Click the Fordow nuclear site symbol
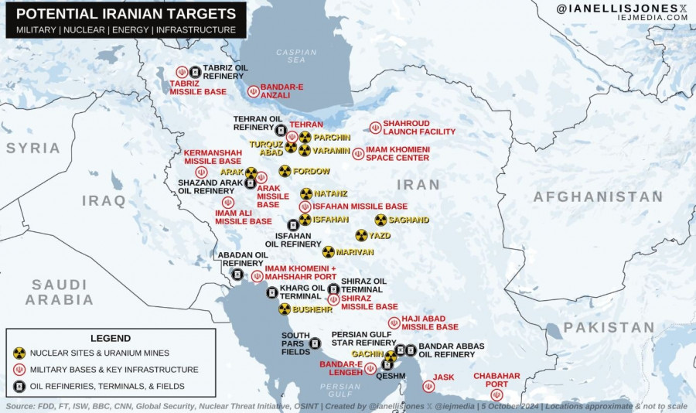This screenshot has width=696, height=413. [x=285, y=171]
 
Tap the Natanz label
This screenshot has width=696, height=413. [x=330, y=193]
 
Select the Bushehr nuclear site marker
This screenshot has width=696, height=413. [x=285, y=309]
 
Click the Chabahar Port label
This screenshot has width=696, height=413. [x=496, y=380]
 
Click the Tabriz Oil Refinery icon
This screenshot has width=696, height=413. [x=195, y=72]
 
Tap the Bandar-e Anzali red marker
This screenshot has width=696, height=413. [x=252, y=91]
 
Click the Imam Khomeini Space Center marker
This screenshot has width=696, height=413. [x=358, y=154]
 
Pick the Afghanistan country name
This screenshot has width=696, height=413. [x=598, y=196]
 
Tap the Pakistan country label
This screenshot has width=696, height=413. [x=609, y=327]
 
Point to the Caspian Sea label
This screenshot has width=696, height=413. [x=297, y=56]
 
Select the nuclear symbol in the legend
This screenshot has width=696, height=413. [x=19, y=353]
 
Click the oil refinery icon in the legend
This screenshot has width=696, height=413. [x=19, y=386]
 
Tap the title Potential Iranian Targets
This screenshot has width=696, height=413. [x=126, y=14]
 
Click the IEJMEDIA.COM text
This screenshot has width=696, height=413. [x=653, y=23]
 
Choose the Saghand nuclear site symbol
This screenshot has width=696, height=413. [x=380, y=220]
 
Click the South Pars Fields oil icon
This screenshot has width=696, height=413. [x=315, y=343]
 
